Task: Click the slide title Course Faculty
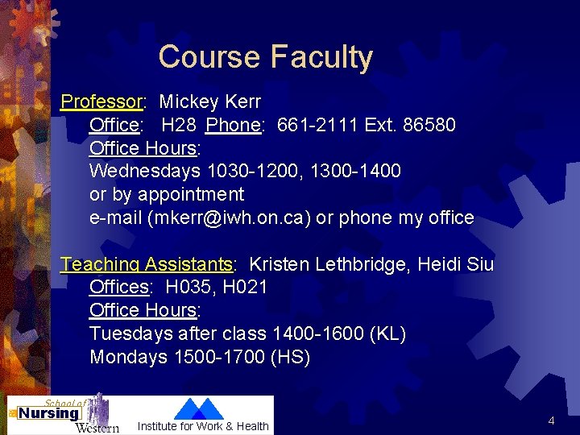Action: tap(266, 56)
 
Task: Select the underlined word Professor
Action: tap(101, 102)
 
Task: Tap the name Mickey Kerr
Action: tap(210, 102)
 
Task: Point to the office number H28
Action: tap(180, 126)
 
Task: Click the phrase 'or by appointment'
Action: tap(167, 194)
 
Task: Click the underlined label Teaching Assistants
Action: tap(147, 264)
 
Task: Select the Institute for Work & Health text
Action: tap(203, 426)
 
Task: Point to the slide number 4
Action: tap(551, 420)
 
